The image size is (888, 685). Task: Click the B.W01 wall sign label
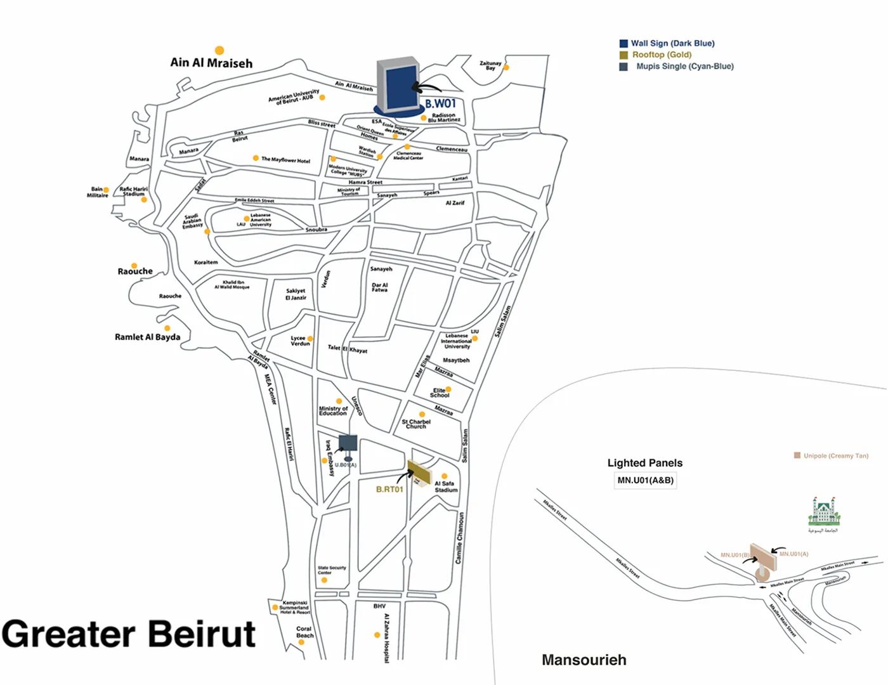(x=440, y=103)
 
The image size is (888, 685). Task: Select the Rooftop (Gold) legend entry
(x=661, y=55)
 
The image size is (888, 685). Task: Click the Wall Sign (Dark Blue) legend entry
(x=672, y=43)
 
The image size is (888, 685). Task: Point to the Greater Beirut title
(x=129, y=634)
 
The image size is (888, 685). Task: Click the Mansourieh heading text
(x=584, y=660)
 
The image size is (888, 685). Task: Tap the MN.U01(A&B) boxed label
(x=645, y=480)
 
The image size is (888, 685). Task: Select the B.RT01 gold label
(x=389, y=489)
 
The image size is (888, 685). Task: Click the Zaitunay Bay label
(x=490, y=65)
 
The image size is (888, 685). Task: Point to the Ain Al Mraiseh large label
(x=211, y=63)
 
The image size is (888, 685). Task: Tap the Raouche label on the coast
(x=135, y=271)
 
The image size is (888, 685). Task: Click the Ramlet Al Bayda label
(x=147, y=337)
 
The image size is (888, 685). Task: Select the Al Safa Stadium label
(x=445, y=486)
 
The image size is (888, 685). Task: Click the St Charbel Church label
(x=416, y=424)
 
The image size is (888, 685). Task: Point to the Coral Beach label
(x=304, y=632)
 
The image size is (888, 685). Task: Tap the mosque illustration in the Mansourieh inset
(x=823, y=512)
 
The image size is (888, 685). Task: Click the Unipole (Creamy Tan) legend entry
(x=835, y=455)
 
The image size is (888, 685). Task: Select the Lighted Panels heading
(x=644, y=462)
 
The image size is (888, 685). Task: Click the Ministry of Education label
(x=333, y=411)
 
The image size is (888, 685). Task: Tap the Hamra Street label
(x=365, y=182)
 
